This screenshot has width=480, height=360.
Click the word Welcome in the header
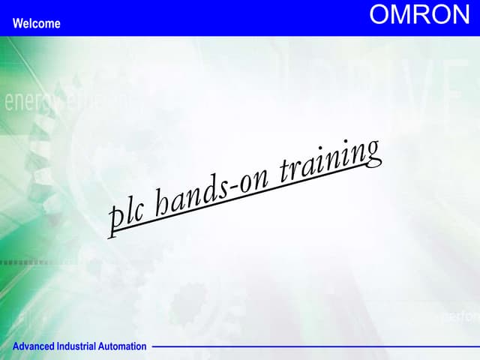pos(36,24)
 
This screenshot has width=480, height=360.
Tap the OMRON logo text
pos(419,16)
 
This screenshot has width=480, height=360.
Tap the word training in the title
pos(330,160)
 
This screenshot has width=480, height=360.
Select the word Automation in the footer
pos(124,346)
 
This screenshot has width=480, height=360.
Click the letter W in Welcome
pos(17,24)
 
